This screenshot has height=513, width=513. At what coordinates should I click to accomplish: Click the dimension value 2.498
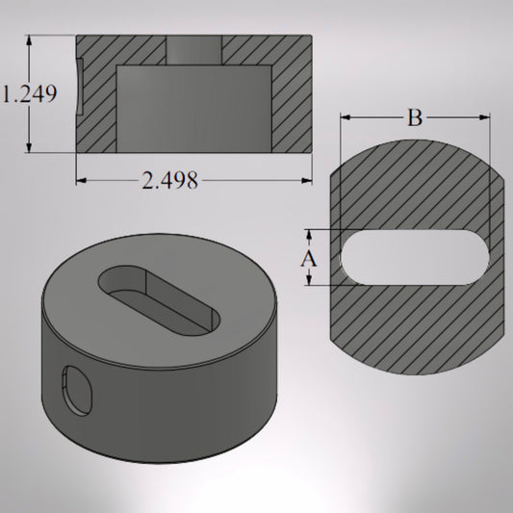170,180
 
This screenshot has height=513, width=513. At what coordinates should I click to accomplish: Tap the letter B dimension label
414,118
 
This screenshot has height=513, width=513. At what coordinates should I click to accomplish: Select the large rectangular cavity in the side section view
193,108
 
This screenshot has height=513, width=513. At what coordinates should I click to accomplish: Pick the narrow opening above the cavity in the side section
193,50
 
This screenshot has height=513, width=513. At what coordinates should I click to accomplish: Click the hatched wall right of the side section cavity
291,96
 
